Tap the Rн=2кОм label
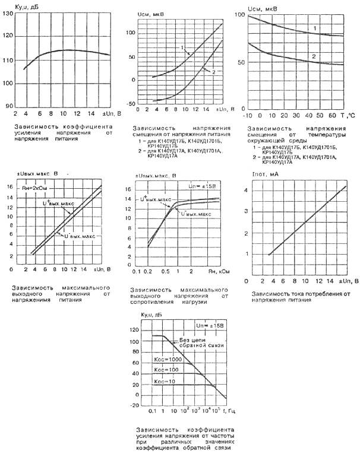[37, 189]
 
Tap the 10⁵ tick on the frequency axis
[216, 410]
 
